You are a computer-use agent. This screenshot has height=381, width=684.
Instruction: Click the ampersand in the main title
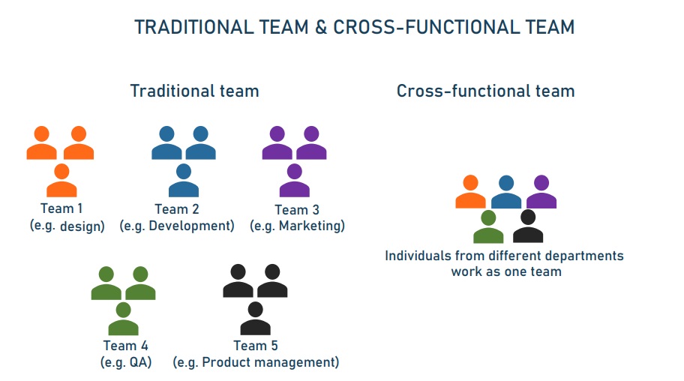pos(321,27)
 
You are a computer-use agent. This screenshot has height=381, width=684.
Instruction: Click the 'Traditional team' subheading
pos(194,91)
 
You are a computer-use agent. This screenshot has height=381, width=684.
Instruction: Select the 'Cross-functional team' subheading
pos(485,91)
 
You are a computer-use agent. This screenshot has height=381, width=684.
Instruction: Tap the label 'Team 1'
pos(61,208)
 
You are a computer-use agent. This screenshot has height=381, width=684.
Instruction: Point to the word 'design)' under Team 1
pos(82,226)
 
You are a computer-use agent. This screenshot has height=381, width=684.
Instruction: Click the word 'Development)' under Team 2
pos(191,226)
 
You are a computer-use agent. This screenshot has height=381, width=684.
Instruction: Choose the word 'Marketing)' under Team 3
pos(312,226)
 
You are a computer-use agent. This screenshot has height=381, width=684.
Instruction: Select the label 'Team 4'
pos(126,346)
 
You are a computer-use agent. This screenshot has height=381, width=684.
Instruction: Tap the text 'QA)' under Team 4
pos(140,362)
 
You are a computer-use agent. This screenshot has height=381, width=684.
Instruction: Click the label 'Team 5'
pos(256,346)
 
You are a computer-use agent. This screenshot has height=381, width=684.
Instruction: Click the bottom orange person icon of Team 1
pos(61,180)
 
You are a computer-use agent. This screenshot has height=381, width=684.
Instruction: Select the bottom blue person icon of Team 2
pos(184,180)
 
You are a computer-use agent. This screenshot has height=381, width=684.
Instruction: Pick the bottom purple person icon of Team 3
pos(295,180)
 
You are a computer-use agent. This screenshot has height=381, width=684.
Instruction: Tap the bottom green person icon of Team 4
pos(124,319)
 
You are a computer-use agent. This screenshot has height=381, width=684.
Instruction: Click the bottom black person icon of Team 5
pos(255,319)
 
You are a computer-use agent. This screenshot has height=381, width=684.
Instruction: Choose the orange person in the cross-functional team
pos(471,191)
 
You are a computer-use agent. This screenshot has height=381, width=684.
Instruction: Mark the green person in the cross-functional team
pos(488,226)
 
